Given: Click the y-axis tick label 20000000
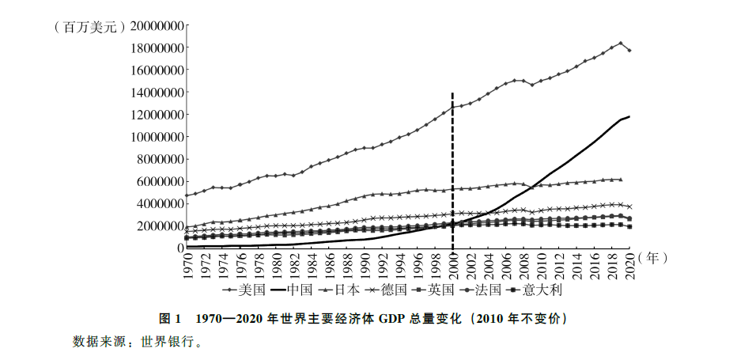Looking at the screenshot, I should point(157,25).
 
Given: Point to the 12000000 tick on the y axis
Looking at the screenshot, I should point(157,115).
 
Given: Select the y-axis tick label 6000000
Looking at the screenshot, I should point(160,181).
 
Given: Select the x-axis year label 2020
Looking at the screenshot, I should point(630,265).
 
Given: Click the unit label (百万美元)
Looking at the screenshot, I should point(89,26).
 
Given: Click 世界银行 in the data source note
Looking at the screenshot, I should point(168,343).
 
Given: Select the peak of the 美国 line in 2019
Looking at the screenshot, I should point(621,43).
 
